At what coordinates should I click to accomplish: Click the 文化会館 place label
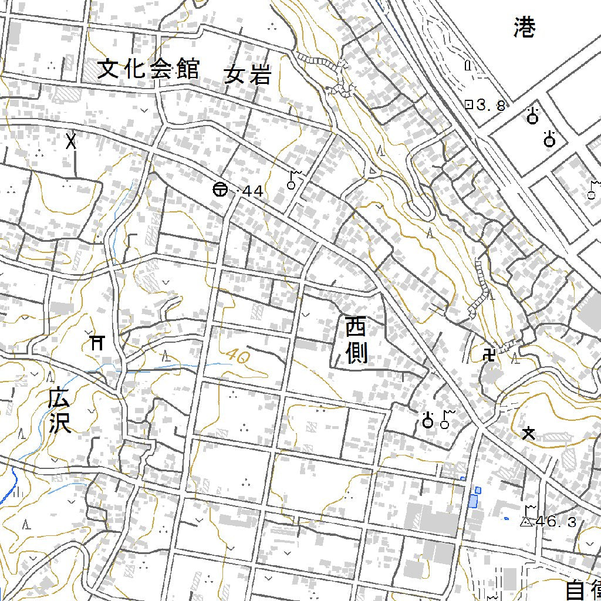148,69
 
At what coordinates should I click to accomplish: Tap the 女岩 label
247,75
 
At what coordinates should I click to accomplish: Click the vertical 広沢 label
60,412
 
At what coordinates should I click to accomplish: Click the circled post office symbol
219,190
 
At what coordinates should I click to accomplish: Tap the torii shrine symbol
97,342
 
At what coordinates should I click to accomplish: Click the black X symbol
72,141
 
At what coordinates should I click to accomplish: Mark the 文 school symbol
529,434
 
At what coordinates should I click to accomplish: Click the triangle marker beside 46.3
526,521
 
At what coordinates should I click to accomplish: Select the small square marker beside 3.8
468,105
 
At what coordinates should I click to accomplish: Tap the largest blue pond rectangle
473,501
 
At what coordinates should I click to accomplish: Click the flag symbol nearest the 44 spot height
293,180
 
